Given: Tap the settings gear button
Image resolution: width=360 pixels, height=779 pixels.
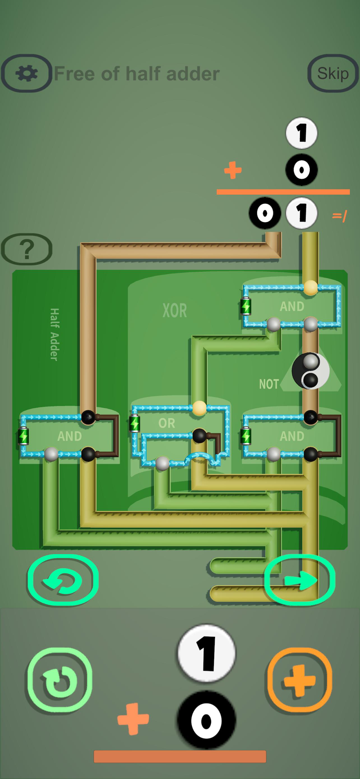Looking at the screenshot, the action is coord(26,73).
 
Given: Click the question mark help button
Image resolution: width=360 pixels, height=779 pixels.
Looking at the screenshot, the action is coord(26,249).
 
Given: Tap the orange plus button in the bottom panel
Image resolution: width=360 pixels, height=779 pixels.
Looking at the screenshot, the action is coord(299,680).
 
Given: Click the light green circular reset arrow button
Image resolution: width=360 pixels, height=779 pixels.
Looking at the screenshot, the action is coord(59,680).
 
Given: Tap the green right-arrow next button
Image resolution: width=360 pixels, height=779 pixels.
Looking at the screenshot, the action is coord(300,580).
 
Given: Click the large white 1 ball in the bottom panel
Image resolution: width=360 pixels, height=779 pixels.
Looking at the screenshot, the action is coord(206,653).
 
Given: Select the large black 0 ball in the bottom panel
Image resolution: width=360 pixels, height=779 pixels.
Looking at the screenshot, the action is coord(206,720).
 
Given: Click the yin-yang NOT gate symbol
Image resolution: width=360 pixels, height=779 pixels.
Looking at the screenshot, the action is coord(311,371).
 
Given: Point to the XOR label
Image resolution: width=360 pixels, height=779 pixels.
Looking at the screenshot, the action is coord(175,311).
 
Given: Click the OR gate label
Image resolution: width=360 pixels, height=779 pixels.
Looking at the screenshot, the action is coord(167,423).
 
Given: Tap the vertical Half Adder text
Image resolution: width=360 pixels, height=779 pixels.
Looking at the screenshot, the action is coord(55,334).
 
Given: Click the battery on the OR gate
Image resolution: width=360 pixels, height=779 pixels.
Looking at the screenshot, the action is coord(135,423).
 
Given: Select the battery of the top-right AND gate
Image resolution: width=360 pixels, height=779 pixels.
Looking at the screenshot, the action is coord(246,306).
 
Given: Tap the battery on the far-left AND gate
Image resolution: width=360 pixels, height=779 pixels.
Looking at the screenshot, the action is coord(23,436).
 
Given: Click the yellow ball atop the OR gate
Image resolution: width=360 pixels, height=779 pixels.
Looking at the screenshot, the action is coord(199,408).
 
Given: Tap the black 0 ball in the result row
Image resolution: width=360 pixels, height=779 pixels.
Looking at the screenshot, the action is coord(265,213).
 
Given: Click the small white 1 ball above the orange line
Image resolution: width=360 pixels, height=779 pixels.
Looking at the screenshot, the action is coord(302,133).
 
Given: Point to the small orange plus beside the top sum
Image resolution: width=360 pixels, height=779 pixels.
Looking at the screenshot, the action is coord(233,170).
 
